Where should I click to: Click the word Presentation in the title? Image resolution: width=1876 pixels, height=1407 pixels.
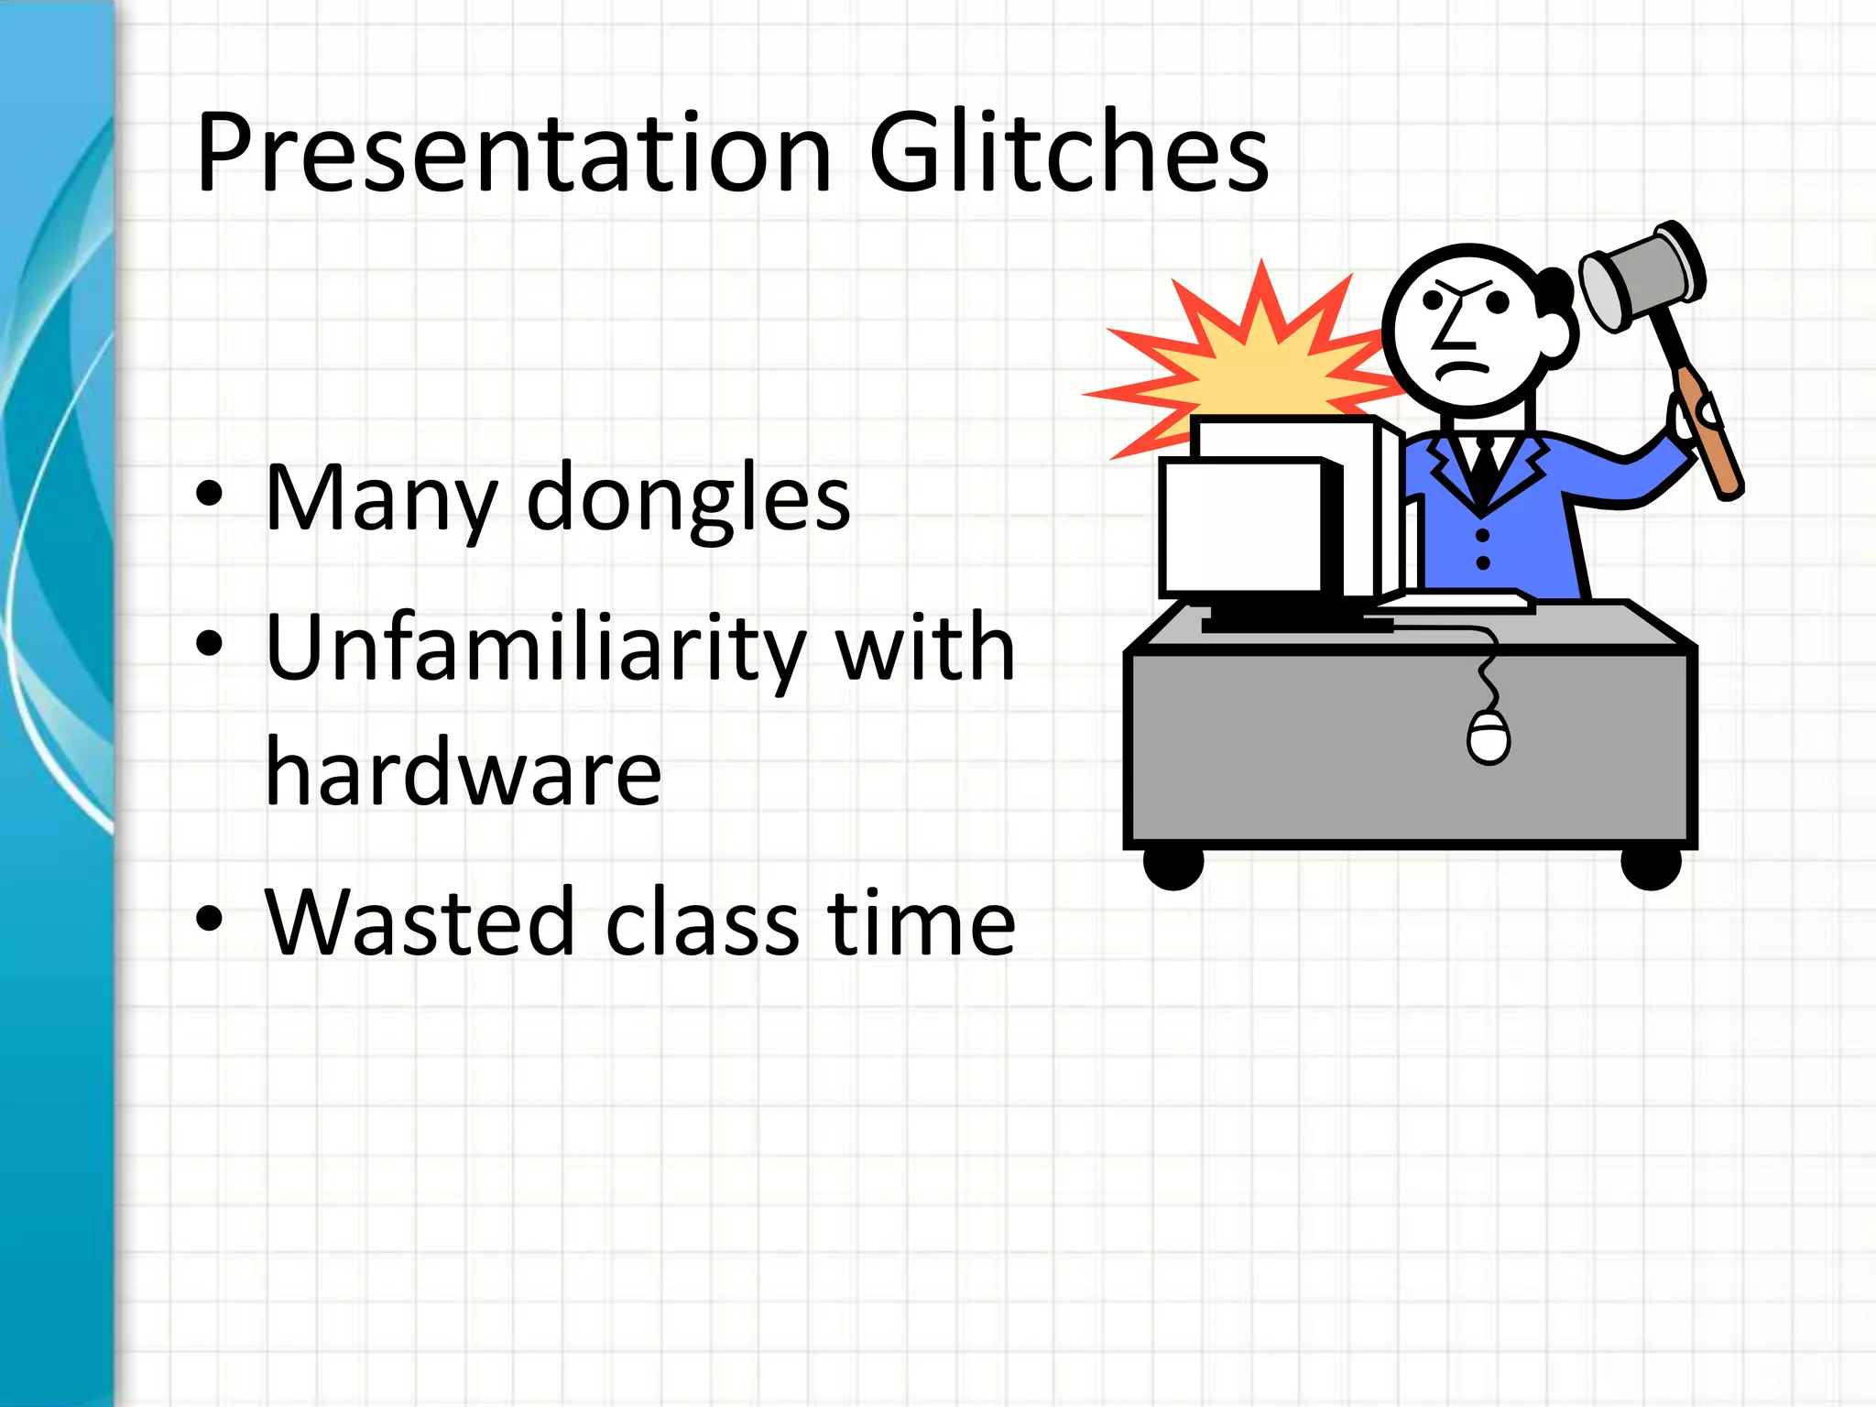click(513, 154)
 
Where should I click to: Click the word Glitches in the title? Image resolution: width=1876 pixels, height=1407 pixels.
click(1068, 154)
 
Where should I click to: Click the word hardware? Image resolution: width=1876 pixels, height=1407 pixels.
click(463, 774)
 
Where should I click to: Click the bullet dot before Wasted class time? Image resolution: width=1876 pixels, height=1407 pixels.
click(209, 918)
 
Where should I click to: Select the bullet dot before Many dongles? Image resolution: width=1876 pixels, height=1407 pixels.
click(209, 494)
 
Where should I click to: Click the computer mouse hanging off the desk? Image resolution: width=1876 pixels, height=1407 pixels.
click(1488, 737)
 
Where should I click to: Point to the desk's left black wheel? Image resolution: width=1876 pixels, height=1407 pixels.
click(1173, 866)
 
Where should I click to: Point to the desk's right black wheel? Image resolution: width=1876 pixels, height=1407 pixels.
click(1651, 866)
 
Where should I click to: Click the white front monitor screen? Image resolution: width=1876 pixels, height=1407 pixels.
click(1241, 528)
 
